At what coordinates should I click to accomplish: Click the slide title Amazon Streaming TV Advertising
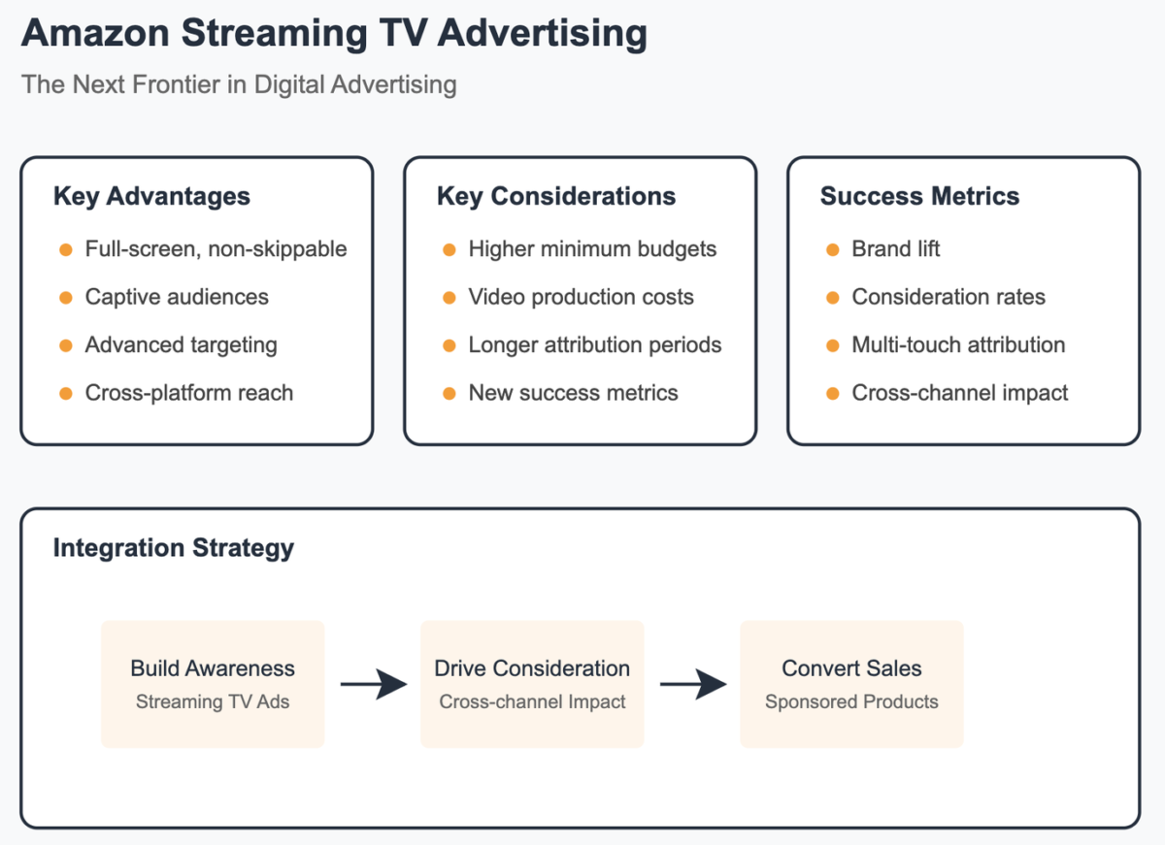click(x=334, y=34)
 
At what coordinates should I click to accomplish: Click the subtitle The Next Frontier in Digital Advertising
click(x=239, y=84)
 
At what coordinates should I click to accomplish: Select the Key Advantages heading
click(x=151, y=196)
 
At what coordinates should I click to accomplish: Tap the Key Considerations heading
click(x=556, y=196)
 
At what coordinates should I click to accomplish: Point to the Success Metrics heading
click(x=919, y=196)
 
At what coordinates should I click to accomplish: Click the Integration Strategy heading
click(x=173, y=548)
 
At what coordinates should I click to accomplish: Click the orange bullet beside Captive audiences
click(x=66, y=298)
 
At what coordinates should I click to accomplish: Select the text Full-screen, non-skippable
click(x=216, y=249)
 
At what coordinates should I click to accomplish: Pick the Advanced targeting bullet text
click(x=181, y=345)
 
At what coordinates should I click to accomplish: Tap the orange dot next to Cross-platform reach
click(x=66, y=394)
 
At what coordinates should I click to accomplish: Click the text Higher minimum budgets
click(x=592, y=249)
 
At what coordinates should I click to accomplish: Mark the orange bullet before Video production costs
click(x=449, y=298)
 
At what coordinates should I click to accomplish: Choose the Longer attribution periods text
click(x=594, y=345)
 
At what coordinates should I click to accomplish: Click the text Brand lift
click(x=895, y=249)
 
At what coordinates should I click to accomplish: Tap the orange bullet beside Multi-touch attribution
click(x=833, y=345)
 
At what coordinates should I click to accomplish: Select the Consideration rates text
click(x=949, y=298)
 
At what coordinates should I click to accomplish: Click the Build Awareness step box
click(x=213, y=684)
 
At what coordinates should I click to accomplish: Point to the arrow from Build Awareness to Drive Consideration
click(x=373, y=685)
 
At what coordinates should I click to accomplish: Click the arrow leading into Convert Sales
click(x=692, y=685)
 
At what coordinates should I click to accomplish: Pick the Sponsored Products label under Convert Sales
click(x=851, y=702)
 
